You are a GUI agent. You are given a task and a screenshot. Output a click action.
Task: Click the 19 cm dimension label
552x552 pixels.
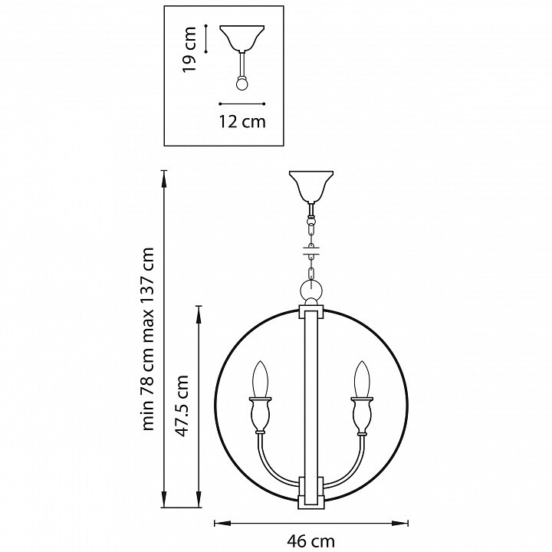tap(189, 49)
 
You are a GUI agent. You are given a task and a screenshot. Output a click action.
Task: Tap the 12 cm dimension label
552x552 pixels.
tap(242, 121)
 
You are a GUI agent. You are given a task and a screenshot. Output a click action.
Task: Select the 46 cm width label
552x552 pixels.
tap(310, 541)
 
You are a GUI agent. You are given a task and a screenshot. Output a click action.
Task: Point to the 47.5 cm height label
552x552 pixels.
tap(182, 405)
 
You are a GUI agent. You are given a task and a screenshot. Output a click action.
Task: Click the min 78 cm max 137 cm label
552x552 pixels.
tap(147, 339)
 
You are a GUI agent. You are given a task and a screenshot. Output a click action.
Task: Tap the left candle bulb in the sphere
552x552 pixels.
tap(261, 379)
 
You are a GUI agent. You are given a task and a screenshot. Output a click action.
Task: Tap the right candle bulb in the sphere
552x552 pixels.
tap(362, 379)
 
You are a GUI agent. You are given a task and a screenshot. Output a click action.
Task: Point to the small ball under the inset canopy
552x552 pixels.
tap(242, 84)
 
